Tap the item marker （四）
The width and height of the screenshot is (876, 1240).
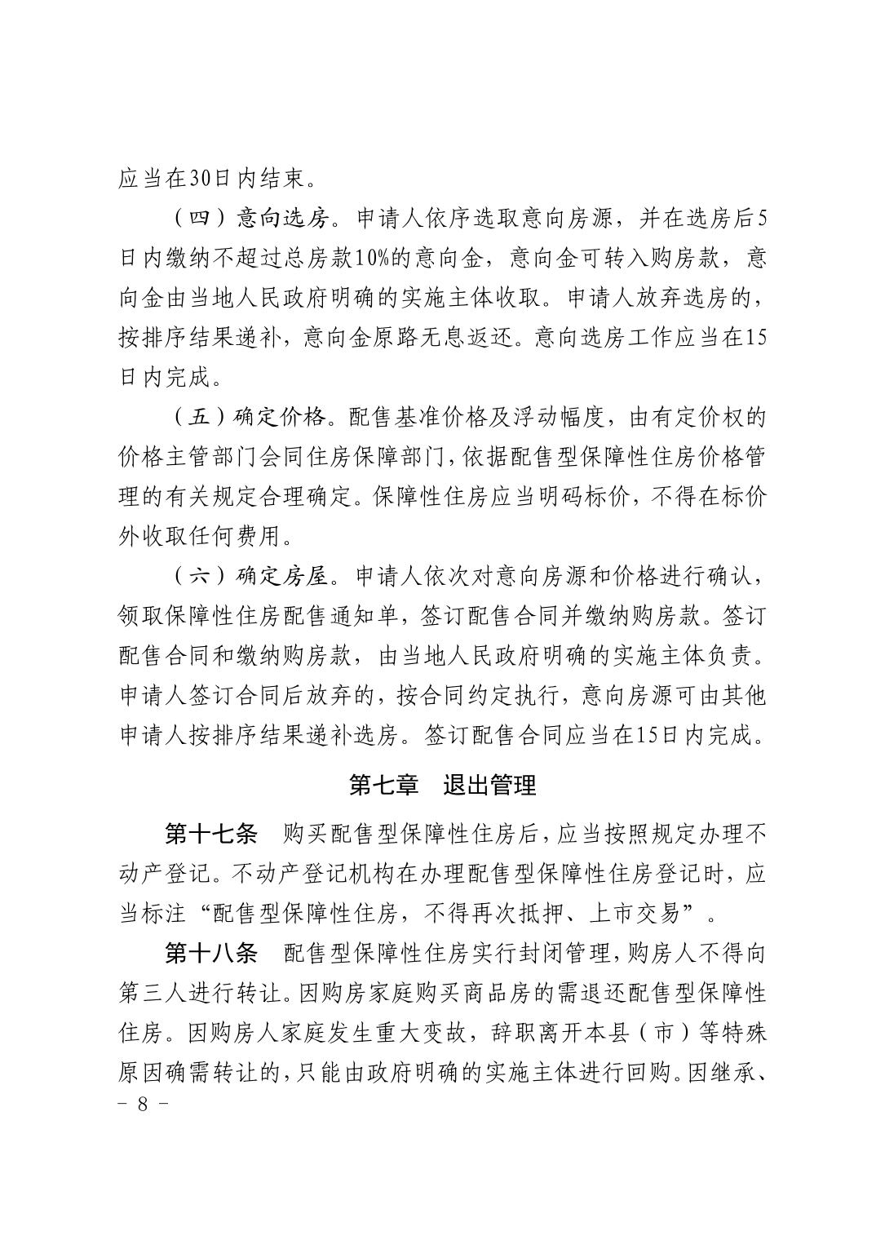click(199, 219)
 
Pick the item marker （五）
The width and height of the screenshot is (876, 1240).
click(199, 417)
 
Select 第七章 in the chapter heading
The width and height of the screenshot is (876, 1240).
click(383, 785)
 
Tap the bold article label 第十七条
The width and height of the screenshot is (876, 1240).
click(210, 835)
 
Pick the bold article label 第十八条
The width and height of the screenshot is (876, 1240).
click(210, 954)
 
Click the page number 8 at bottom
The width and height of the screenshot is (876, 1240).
click(144, 1106)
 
